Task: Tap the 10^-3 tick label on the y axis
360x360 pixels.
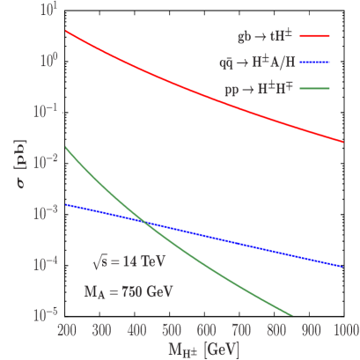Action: click(47, 213)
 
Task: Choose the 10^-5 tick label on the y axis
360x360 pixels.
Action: click(47, 314)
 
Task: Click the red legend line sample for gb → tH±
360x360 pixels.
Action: click(316, 38)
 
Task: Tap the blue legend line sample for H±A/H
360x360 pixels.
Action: click(316, 63)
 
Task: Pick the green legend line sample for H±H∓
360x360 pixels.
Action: click(316, 89)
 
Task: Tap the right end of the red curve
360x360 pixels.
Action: click(343, 142)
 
